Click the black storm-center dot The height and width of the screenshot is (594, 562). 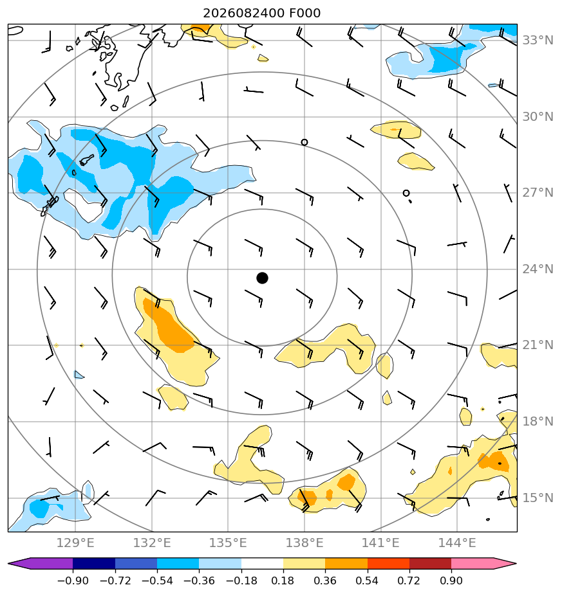point(262,278)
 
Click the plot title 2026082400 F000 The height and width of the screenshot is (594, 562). point(262,14)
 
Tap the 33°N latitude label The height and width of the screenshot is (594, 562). point(538,40)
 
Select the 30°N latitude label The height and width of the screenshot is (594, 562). point(538,117)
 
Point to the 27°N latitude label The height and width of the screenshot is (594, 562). point(538,193)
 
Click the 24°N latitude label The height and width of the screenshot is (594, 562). point(538,269)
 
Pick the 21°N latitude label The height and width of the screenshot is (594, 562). point(538,345)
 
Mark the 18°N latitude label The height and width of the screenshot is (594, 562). point(538,421)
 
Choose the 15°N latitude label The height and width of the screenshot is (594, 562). point(538,498)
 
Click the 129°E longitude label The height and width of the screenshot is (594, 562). point(75,543)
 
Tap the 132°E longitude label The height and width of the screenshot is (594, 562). point(152,543)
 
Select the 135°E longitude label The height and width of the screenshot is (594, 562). point(228,543)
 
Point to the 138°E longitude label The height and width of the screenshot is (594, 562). point(304,543)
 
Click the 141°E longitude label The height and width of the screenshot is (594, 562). point(380,543)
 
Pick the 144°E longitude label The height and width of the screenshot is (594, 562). point(457,543)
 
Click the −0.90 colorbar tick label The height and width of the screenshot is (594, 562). point(73,580)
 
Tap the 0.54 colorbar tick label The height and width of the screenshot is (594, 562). point(368,580)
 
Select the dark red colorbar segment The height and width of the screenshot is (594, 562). point(430,564)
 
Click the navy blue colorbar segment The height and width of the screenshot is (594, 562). point(94,564)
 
